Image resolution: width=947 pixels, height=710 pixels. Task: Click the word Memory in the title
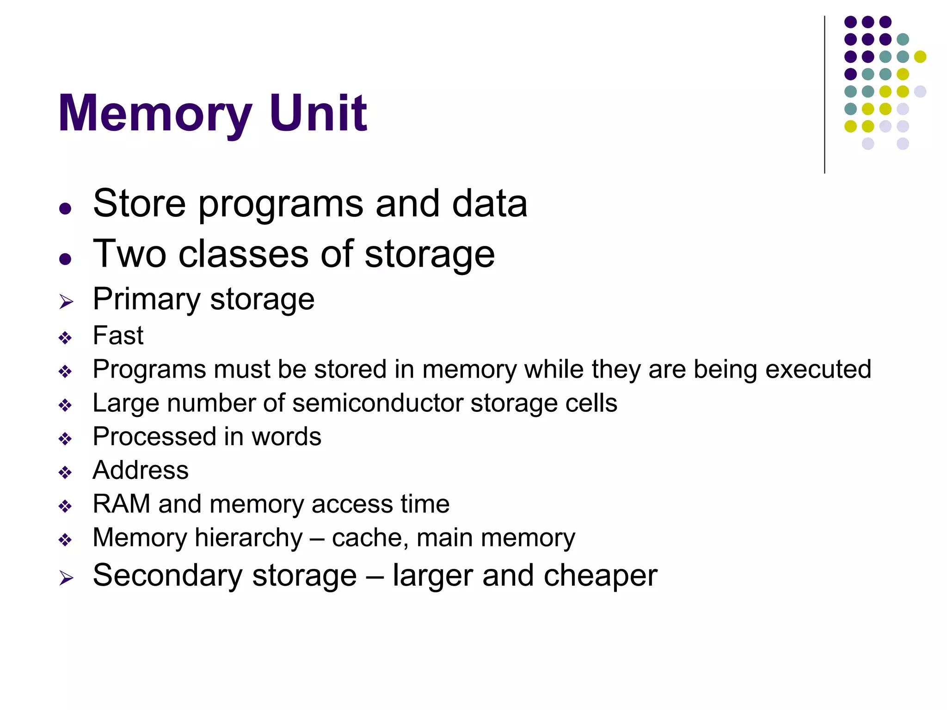pos(155,113)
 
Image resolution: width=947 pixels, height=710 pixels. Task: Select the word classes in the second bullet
pos(243,254)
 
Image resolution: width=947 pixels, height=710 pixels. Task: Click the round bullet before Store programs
pos(65,208)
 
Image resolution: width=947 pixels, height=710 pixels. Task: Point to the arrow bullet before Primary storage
pos(66,302)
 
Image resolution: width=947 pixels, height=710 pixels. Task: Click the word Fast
pos(118,335)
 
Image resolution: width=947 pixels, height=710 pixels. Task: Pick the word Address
pos(141,470)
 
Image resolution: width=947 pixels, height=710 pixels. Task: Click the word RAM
pos(121,504)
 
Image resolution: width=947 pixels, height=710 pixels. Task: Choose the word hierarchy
pos(249,538)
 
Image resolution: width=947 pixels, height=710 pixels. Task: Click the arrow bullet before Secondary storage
pos(66,578)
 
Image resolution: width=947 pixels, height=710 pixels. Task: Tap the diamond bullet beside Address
pos(65,472)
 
